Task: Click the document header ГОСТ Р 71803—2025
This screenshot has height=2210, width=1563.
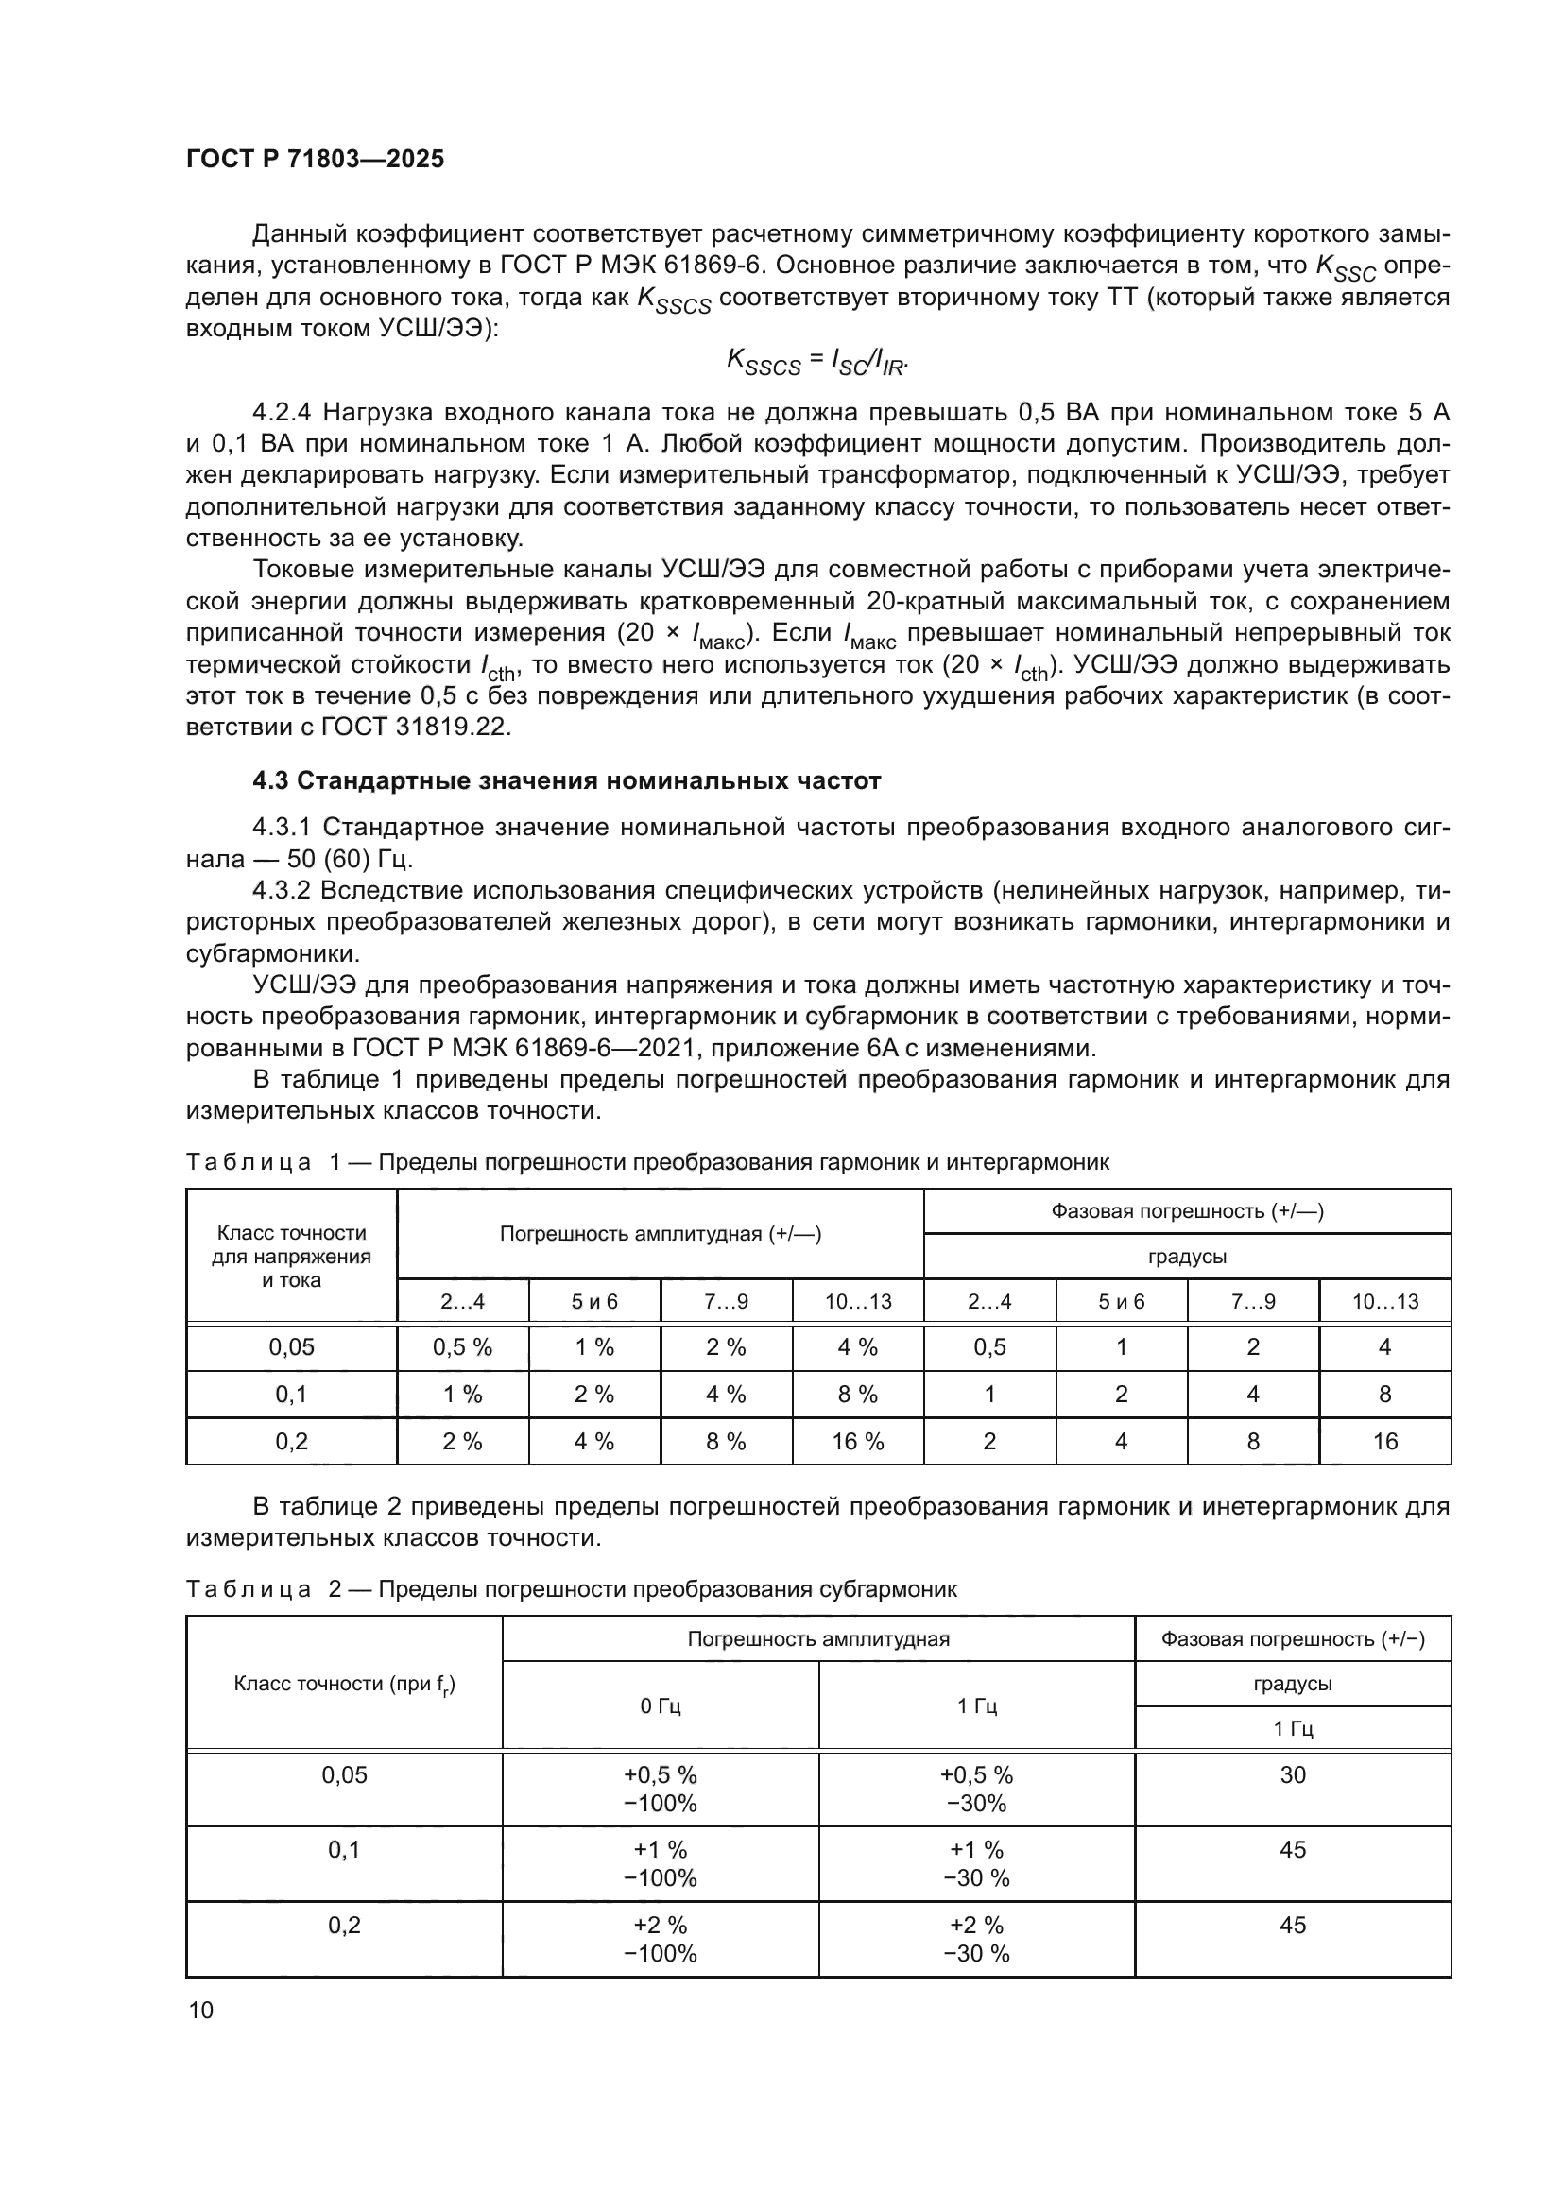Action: coord(315,159)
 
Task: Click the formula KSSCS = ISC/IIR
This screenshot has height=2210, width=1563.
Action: coord(817,361)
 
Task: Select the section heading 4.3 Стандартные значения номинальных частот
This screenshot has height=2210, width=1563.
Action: coord(566,780)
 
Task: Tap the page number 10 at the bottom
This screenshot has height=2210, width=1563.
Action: coord(201,2010)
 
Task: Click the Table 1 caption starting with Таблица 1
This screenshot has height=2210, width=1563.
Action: coord(646,1162)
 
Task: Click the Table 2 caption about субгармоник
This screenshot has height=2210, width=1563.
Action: coord(571,1589)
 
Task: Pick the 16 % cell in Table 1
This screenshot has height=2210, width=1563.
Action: coord(857,1441)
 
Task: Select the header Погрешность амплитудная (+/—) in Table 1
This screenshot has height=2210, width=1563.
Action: coord(661,1234)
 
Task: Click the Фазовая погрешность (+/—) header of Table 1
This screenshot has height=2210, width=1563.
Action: coord(1187,1211)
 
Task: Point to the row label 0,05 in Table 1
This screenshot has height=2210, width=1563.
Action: coord(292,1346)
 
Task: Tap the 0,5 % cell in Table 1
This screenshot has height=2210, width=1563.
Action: coord(462,1346)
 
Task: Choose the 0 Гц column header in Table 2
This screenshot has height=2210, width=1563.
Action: coord(661,1705)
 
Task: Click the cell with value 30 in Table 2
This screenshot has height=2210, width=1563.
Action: coord(1293,1774)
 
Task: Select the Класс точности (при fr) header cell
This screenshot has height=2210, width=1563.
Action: coord(344,1685)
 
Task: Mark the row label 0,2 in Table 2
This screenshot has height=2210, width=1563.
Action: coord(344,1925)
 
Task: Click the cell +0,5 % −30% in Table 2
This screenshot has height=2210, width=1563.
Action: coord(976,1789)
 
